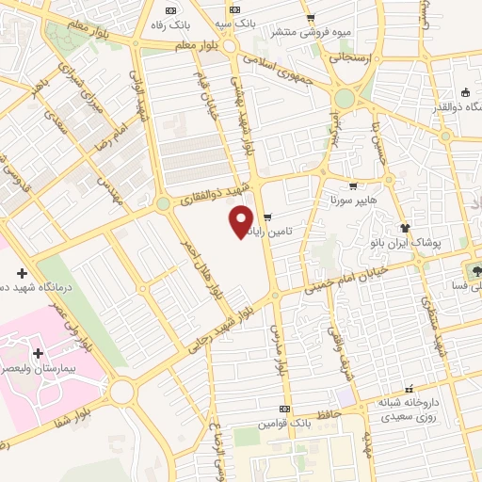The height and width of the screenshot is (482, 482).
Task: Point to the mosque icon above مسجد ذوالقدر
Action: tap(466, 91)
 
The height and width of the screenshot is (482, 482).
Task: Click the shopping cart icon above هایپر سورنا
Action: tap(353, 186)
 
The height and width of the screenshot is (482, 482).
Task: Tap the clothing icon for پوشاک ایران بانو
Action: tap(406, 227)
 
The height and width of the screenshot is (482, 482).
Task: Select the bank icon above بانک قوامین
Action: tap(286, 410)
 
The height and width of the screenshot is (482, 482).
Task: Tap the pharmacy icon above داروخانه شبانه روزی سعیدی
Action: tap(408, 388)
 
